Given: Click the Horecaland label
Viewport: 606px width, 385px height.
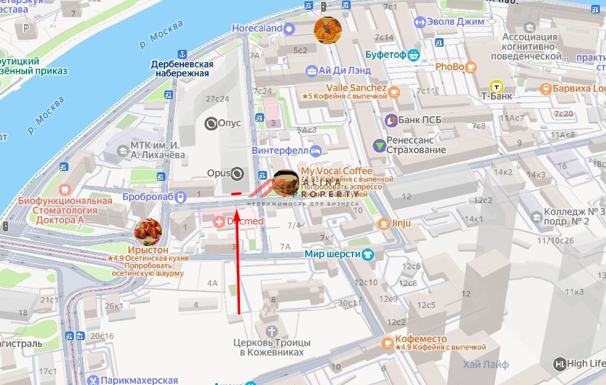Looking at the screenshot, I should point(257,28).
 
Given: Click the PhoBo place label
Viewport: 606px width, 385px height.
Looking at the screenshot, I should point(449,66).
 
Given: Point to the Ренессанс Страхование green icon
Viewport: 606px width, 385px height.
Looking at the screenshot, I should point(380,145).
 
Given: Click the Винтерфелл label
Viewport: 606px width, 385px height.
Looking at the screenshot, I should point(281,150).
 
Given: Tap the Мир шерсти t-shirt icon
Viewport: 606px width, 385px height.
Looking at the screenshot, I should point(367,253).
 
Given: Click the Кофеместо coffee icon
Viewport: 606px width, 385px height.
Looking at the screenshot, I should point(387,343).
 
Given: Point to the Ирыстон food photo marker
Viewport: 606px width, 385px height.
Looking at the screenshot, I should point(148,232).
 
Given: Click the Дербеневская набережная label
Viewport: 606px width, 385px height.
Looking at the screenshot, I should point(182,69).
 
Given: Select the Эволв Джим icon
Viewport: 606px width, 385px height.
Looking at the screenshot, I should point(420,22).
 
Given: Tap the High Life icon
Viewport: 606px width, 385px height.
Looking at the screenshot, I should point(559,363).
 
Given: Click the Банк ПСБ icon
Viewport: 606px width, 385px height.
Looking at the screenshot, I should point(391,119).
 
